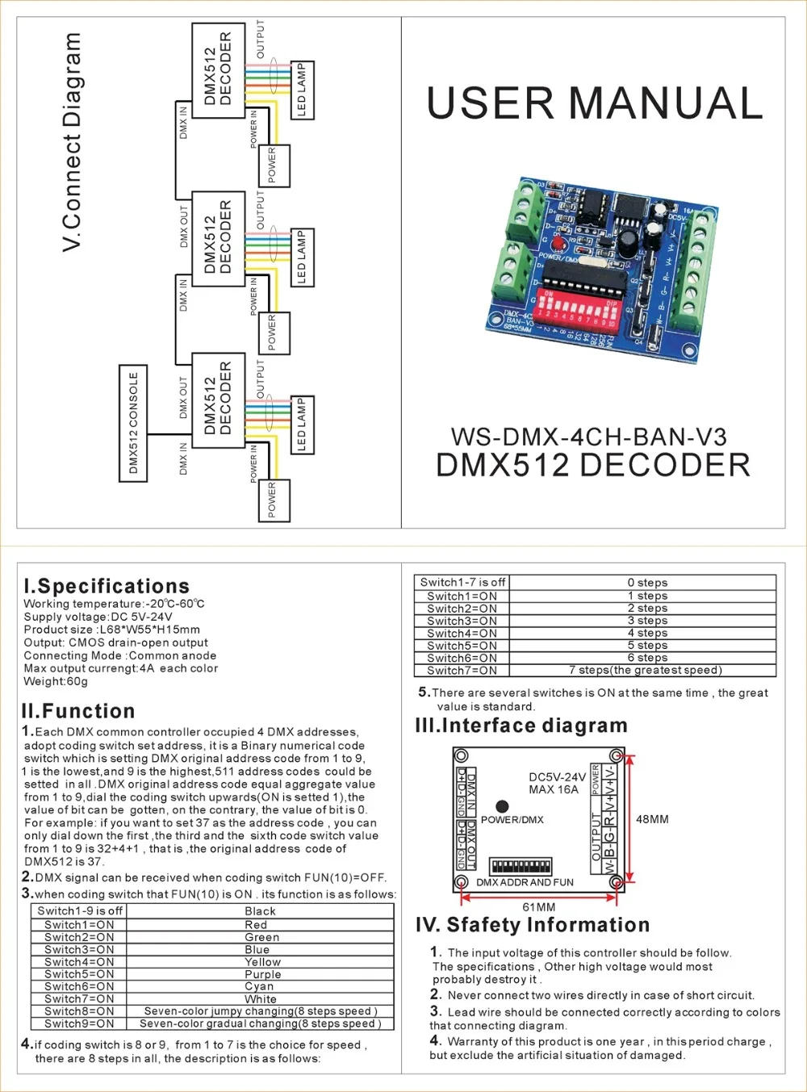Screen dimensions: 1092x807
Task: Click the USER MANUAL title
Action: [x=594, y=103]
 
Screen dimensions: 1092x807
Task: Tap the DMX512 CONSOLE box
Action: [x=134, y=423]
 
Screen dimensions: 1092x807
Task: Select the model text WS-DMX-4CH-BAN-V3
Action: [x=588, y=437]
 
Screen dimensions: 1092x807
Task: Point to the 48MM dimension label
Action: [x=652, y=819]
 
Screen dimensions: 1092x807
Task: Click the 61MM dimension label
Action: [x=539, y=907]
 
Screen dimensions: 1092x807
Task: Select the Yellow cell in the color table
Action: [x=262, y=962]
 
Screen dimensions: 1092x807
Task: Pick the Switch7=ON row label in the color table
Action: [x=79, y=999]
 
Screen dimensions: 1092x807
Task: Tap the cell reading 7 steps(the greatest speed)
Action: [x=646, y=670]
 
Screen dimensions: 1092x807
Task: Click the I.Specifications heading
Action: [x=107, y=587]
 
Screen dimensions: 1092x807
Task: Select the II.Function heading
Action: [x=78, y=711]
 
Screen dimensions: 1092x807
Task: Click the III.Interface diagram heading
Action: [x=521, y=726]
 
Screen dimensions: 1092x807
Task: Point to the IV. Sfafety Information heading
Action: [x=533, y=925]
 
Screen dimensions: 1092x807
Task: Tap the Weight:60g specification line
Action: [x=56, y=681]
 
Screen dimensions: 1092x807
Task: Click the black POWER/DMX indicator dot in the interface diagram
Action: [x=502, y=806]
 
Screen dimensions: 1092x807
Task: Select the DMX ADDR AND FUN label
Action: [x=525, y=882]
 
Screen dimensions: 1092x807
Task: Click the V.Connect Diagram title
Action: [x=73, y=141]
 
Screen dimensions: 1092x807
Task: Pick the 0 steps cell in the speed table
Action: [x=647, y=583]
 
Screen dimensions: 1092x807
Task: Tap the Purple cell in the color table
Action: [x=262, y=974]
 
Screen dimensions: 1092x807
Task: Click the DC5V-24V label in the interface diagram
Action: [x=557, y=777]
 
